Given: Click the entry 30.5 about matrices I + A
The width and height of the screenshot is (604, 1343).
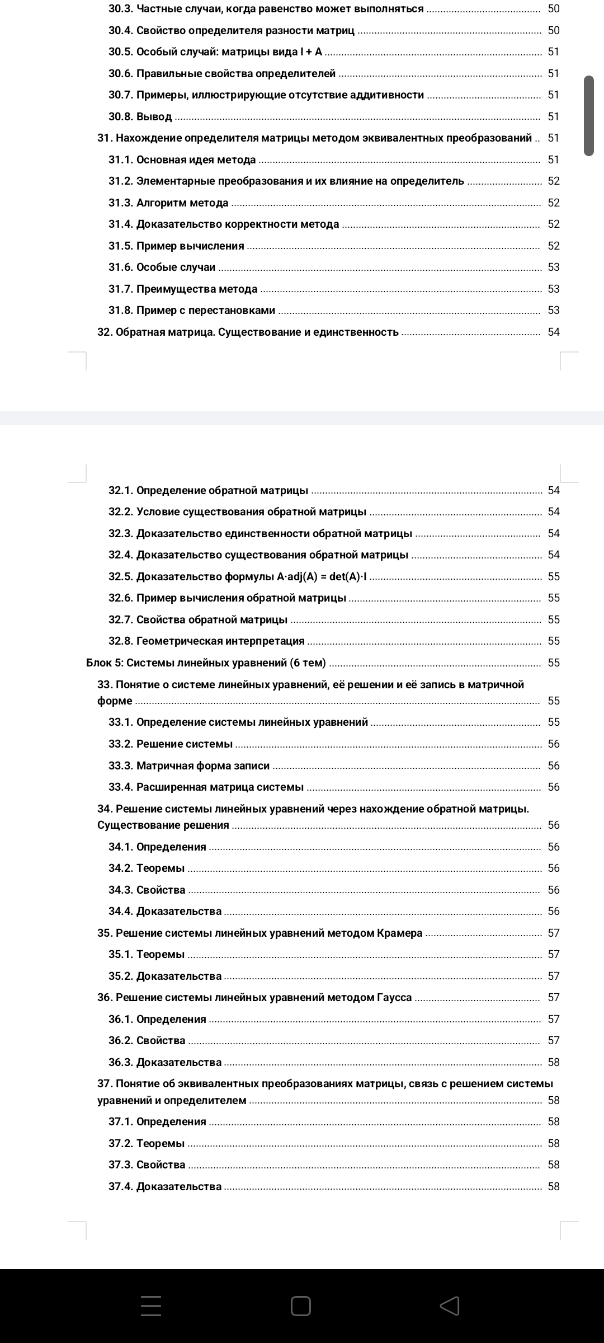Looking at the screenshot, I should coord(215,52).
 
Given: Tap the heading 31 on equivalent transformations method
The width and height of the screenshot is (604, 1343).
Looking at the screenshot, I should coord(314,138).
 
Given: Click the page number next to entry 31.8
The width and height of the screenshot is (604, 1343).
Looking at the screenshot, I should coord(553,311).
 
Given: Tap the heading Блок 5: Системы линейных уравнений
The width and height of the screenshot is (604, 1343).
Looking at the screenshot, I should coord(206,663).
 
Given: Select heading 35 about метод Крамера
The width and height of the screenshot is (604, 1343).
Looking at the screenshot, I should coord(259,933).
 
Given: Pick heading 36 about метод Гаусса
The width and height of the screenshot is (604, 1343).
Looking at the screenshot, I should coord(254,998).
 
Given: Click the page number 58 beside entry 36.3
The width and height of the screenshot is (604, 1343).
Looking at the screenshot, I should coord(553,1063).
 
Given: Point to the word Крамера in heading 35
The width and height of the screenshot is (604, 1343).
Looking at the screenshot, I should coord(399,933).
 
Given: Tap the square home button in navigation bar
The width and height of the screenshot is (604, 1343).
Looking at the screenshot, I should coord(301,1306).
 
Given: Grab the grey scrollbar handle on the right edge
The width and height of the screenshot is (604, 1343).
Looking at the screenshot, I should coord(588,115).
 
